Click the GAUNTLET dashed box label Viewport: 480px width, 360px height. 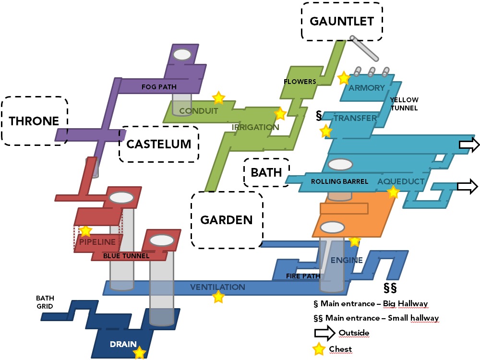[342, 22]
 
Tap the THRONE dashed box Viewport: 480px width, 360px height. [35, 121]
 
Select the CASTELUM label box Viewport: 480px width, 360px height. [158, 144]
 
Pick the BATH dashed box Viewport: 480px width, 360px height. [266, 172]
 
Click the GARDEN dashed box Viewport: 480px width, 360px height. [227, 220]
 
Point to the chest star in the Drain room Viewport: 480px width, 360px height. [139, 353]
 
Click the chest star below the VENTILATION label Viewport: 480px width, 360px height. [218, 297]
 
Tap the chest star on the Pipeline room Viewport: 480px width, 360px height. [85, 231]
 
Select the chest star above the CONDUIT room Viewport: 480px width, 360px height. [218, 98]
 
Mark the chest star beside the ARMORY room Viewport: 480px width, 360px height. [344, 77]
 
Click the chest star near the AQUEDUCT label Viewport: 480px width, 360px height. [393, 192]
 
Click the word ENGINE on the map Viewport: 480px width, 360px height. [347, 260]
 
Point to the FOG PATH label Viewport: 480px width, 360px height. [159, 87]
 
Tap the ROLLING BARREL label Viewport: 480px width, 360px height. [339, 181]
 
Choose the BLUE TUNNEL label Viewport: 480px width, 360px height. [126, 256]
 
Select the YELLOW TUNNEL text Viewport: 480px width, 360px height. [404, 104]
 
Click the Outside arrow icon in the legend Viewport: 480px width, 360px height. [324, 333]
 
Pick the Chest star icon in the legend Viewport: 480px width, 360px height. [318, 349]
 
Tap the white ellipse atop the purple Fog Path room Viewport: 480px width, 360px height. [182, 54]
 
